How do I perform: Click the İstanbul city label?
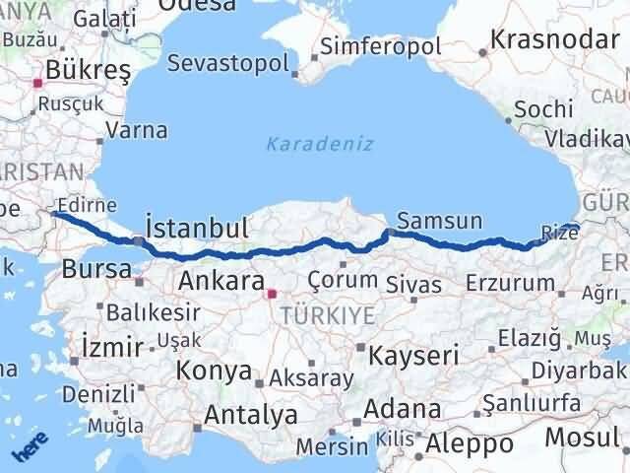(x=197, y=229)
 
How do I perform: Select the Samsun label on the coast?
(x=440, y=221)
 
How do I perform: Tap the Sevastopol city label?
(x=228, y=64)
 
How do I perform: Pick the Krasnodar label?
(x=555, y=41)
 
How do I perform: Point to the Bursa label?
(x=95, y=268)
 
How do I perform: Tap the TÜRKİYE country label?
(x=327, y=315)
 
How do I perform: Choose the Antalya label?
(x=249, y=415)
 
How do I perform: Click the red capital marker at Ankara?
(x=273, y=292)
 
